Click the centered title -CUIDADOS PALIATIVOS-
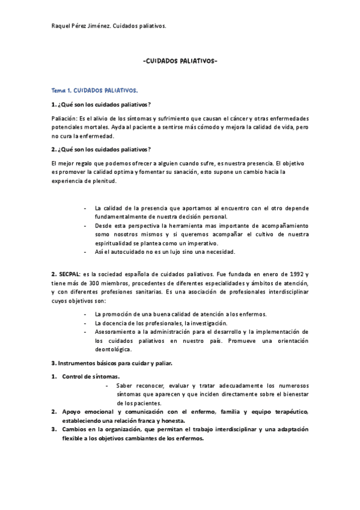click(x=180, y=61)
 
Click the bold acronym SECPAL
click(x=68, y=274)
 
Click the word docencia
click(x=111, y=323)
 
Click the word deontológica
click(x=114, y=349)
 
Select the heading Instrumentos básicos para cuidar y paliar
click(x=116, y=363)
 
